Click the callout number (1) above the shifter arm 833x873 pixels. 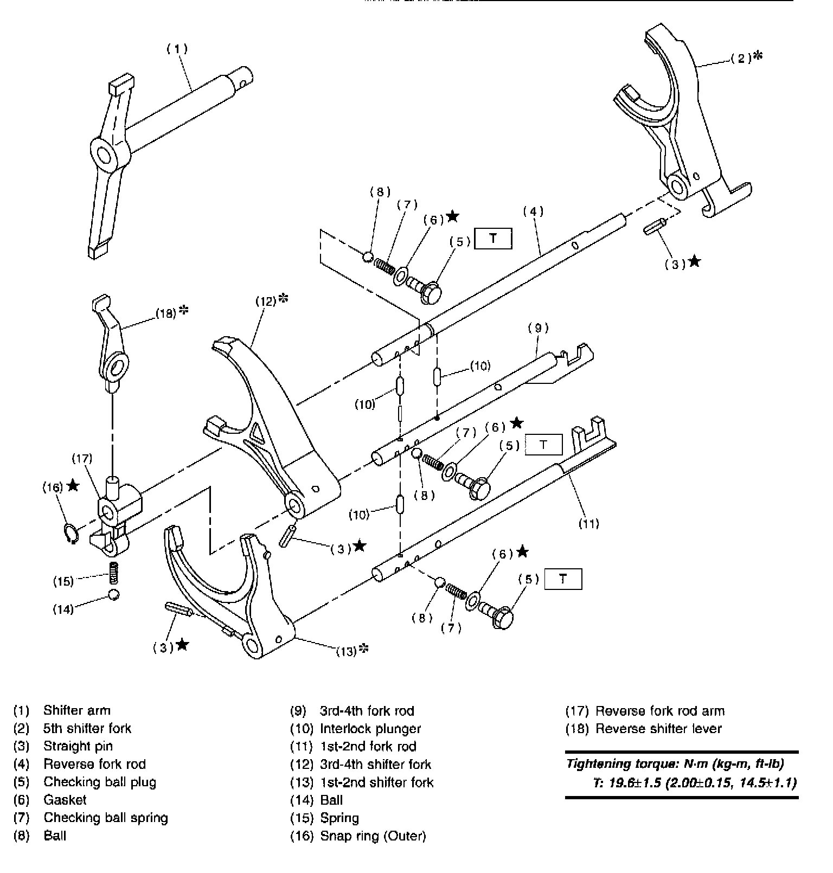[177, 49]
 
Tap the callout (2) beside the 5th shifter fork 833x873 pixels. [741, 58]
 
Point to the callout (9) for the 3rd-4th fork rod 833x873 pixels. [538, 328]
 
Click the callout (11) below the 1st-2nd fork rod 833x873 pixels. [588, 523]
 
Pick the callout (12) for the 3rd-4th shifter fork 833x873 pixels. [266, 300]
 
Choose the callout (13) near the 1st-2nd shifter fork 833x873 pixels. [347, 651]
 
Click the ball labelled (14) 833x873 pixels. [114, 594]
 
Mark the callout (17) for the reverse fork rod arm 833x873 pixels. [82, 459]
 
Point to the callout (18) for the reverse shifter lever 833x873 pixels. [166, 313]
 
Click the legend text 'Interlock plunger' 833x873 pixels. [370, 728]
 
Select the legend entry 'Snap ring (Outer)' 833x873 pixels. [373, 836]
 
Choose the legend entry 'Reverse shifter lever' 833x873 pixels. [658, 728]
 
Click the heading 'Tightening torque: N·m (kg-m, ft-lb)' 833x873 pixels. [675, 764]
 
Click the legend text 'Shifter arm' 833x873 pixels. [76, 710]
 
